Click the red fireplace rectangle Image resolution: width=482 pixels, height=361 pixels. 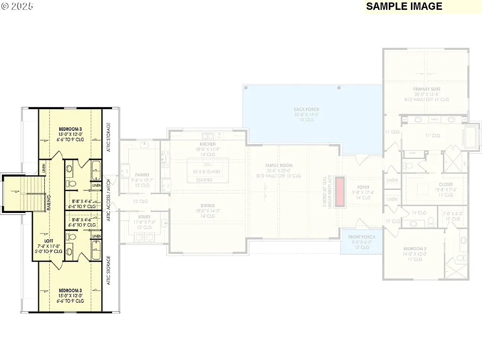coord(340,191)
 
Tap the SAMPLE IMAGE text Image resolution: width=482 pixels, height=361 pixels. coord(404,6)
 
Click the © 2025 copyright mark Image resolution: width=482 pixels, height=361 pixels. coord(16,7)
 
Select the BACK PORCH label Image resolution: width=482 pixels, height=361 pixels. coord(306,110)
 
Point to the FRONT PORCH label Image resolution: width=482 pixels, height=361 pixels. coord(361,237)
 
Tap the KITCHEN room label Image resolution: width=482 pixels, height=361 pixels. coord(208,144)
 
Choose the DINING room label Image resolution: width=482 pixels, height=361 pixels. coord(207,205)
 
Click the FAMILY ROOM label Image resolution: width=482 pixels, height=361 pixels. coord(279,165)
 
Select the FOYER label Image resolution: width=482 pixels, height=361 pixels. coord(362,187)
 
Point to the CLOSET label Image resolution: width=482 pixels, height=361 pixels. coord(433,184)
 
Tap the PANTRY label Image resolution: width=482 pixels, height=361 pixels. coord(142,175)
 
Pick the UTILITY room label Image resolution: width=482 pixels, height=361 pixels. coord(145,217)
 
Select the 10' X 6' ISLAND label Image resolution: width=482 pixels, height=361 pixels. coord(206,172)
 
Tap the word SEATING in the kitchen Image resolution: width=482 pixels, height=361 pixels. coord(204,180)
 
